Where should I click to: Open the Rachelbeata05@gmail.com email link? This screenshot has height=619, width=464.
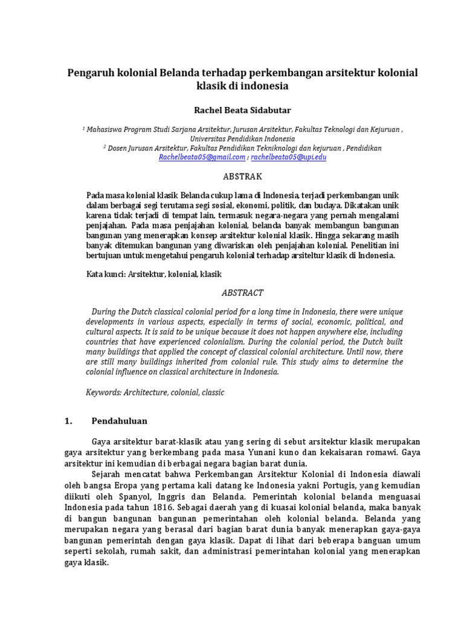point(202,157)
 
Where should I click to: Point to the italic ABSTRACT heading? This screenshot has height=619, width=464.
point(242,293)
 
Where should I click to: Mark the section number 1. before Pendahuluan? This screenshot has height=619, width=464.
point(68,421)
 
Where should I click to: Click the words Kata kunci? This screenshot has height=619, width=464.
point(106,274)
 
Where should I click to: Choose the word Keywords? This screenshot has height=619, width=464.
point(103,392)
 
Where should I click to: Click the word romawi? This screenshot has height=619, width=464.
point(383,452)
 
